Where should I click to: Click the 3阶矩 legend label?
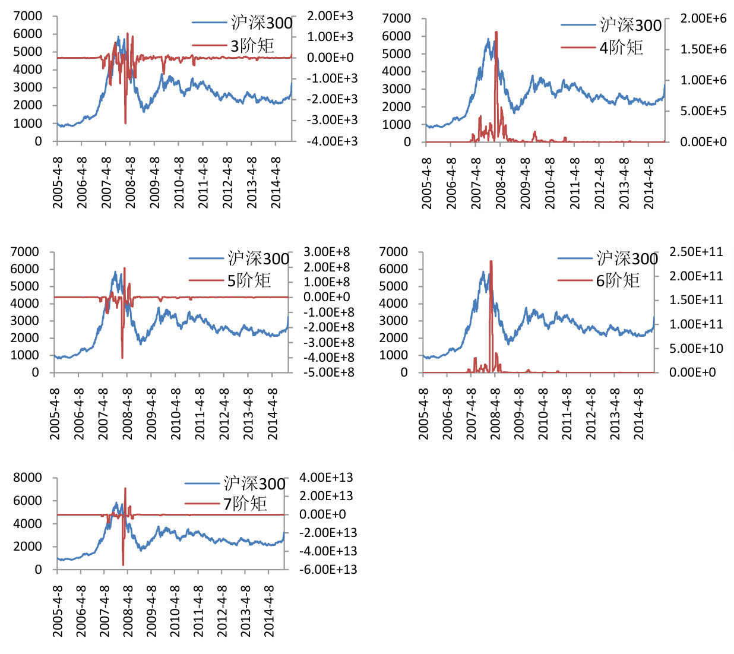(252, 46)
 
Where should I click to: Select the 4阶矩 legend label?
(621, 48)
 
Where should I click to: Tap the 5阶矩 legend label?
(249, 280)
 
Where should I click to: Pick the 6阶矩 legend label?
(618, 280)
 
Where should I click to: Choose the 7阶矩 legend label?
(245, 504)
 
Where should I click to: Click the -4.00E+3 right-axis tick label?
(332, 141)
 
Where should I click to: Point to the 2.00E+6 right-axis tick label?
(703, 18)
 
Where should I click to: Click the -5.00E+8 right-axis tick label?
(328, 372)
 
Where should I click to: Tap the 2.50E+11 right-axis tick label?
(696, 252)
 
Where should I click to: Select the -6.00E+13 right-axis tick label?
(328, 570)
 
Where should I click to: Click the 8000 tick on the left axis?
(27, 478)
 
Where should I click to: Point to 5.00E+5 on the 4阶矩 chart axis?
(703, 111)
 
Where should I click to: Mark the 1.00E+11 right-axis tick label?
(696, 324)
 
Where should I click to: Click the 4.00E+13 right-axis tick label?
(326, 478)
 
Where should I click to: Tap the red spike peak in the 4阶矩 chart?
(496, 32)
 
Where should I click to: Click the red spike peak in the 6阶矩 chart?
(491, 261)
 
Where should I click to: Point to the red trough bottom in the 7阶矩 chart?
(123, 564)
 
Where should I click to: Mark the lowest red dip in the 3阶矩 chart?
(125, 123)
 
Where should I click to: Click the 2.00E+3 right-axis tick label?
(330, 16)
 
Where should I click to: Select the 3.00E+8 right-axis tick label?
(327, 252)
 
